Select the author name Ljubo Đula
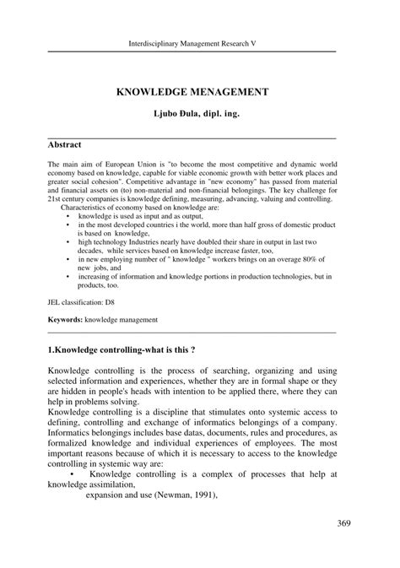coord(177,111)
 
